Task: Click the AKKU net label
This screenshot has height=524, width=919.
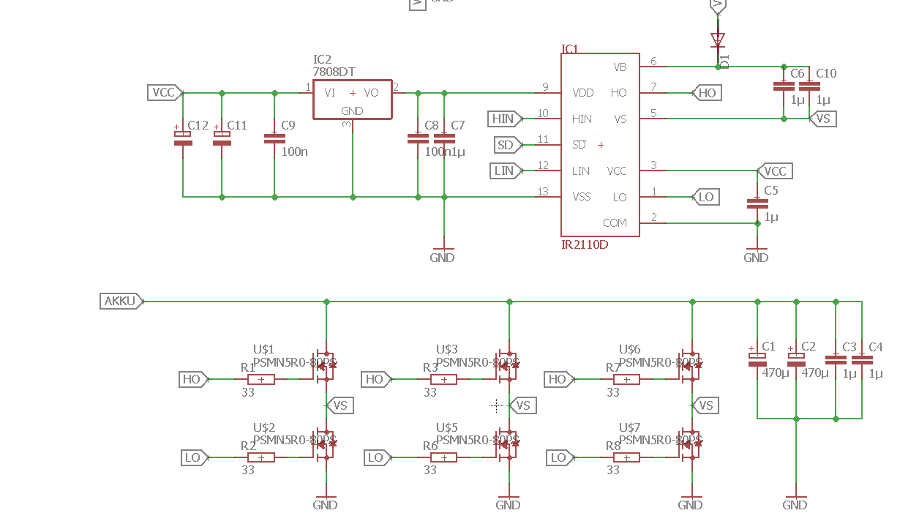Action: [x=120, y=301]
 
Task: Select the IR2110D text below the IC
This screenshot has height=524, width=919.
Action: [x=585, y=244]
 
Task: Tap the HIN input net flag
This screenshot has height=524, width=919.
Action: [x=504, y=119]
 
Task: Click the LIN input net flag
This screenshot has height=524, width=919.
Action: [x=506, y=171]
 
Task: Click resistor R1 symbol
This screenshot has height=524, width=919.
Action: [x=261, y=379]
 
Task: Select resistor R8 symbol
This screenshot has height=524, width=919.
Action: [x=626, y=457]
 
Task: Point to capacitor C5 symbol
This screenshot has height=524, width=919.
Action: [x=757, y=203]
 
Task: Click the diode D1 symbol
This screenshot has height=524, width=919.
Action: [x=718, y=40]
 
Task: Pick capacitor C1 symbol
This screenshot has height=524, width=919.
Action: [x=757, y=359]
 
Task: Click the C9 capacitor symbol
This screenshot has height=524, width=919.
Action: [x=274, y=138]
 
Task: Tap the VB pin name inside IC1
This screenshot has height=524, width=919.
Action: [x=620, y=67]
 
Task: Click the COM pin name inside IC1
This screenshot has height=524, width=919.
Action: [x=615, y=222]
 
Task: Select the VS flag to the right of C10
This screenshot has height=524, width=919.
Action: [x=824, y=119]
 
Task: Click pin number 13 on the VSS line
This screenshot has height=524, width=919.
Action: [x=542, y=192]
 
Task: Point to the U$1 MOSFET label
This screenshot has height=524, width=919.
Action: [x=263, y=349]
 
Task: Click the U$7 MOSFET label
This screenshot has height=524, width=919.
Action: [x=629, y=427]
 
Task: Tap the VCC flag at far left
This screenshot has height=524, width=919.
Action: [x=164, y=92]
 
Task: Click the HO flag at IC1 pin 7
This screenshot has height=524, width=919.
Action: [x=707, y=93]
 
